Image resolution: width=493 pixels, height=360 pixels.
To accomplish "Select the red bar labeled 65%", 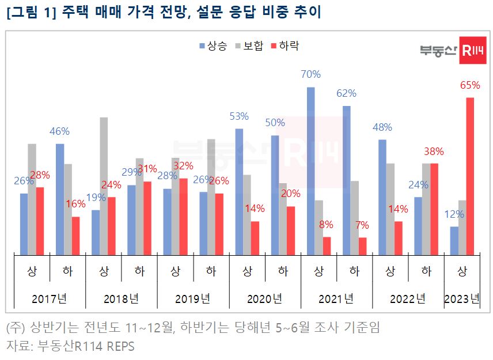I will pos(470,176).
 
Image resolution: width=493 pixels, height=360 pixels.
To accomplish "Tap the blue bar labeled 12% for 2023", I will pos(454,240).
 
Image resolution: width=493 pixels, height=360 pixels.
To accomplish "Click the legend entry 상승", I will pos(214,46).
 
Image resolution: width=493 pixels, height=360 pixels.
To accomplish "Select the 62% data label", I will pos(346,93).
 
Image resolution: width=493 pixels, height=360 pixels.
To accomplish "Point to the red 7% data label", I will pos(362,225).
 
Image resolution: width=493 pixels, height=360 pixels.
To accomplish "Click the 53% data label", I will pos(238,116).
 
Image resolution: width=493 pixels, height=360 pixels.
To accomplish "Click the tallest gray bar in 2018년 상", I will pos(104,186).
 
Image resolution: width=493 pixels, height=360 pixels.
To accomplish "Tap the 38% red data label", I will pos(434,152).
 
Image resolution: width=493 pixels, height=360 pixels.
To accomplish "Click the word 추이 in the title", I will pos(308,12).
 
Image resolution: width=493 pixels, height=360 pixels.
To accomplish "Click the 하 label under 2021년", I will pos(354,271).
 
